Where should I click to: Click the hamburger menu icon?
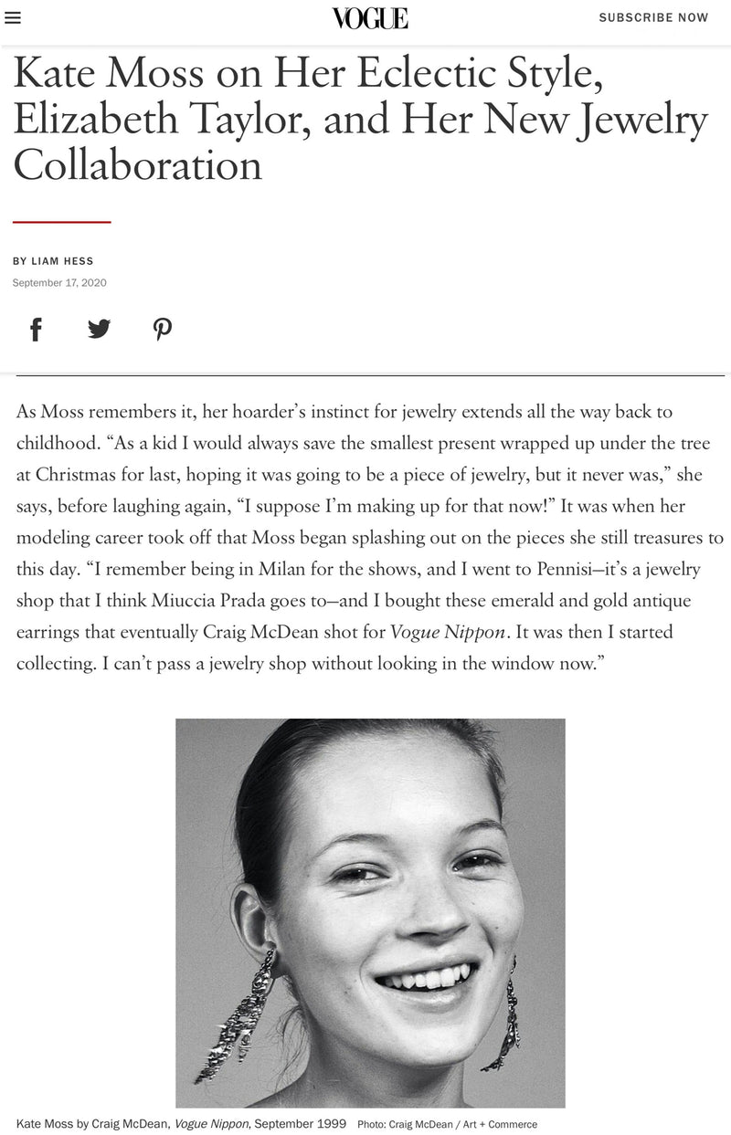tap(13, 18)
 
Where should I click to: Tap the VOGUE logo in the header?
tap(370, 18)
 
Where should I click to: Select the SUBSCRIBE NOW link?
tap(653, 17)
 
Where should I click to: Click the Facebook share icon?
tap(36, 329)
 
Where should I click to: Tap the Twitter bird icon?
tap(99, 329)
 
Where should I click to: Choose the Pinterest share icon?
tap(163, 329)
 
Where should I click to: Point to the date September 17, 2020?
tap(59, 282)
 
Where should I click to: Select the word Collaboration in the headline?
tap(137, 165)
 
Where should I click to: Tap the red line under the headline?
tap(61, 222)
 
